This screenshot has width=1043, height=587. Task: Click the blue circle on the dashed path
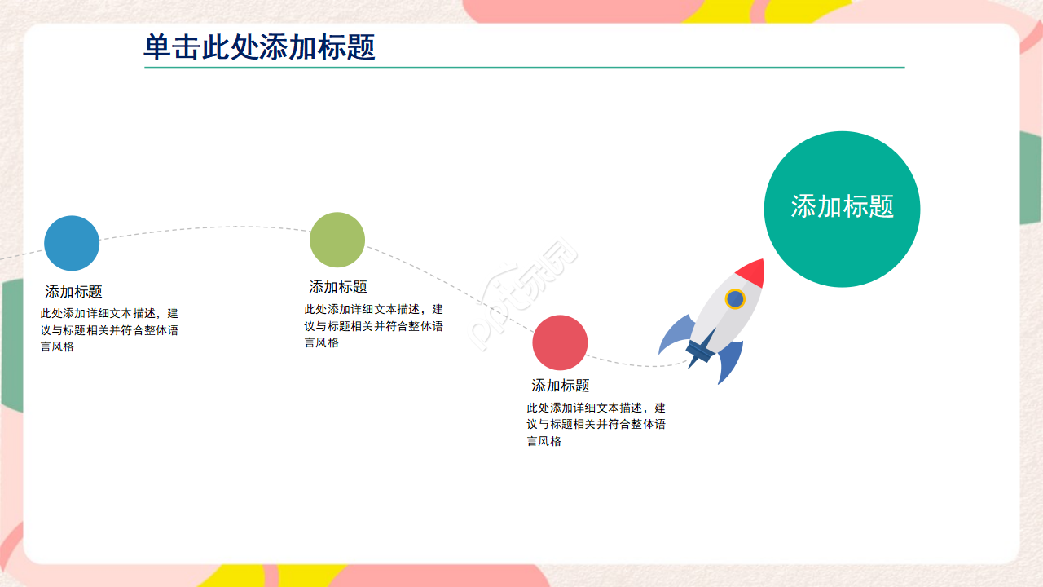(x=72, y=243)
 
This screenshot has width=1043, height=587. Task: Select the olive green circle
(x=337, y=240)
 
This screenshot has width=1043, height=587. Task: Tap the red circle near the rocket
(x=560, y=342)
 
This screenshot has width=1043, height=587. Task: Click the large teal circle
(x=842, y=210)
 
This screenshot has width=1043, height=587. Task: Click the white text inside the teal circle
(x=843, y=206)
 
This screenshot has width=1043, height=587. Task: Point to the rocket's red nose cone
(x=751, y=272)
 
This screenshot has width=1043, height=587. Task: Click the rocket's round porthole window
(x=735, y=299)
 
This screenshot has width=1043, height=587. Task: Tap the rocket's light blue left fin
(x=676, y=333)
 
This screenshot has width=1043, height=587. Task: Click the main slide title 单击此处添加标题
(x=259, y=46)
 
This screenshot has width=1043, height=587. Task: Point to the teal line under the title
(x=524, y=68)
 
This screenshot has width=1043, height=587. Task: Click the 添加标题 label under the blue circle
(x=73, y=292)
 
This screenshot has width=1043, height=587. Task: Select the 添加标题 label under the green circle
(x=338, y=287)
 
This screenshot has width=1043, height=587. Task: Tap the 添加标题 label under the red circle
(x=561, y=386)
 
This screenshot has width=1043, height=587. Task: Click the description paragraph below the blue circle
(x=109, y=330)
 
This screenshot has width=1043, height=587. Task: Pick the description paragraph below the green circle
(x=373, y=325)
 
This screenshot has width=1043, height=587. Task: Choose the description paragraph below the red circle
(x=596, y=425)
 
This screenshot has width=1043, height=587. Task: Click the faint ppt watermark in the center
(x=523, y=293)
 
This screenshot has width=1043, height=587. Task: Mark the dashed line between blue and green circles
(x=205, y=227)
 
